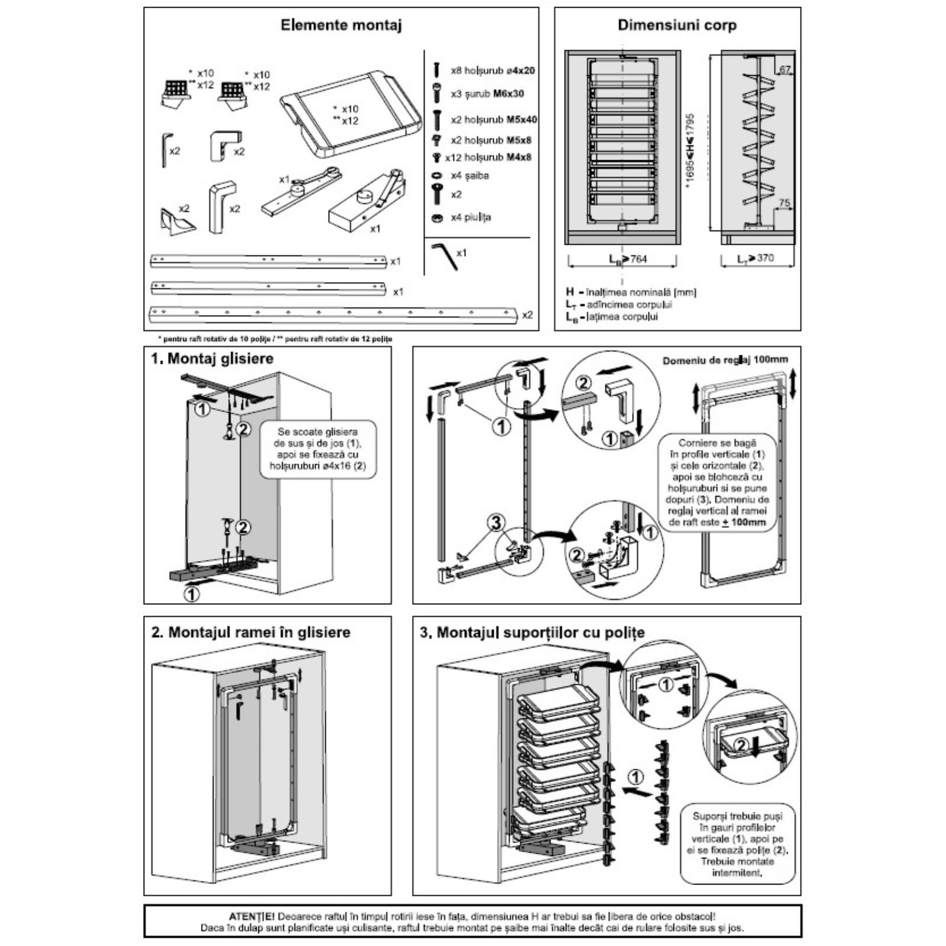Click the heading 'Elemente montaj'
click(341, 25)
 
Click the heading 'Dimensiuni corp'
click(677, 25)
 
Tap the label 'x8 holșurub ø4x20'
click(493, 70)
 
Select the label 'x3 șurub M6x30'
click(487, 93)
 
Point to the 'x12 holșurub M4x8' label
click(488, 157)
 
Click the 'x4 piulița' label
click(471, 217)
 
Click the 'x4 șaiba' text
click(470, 176)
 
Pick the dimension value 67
click(785, 70)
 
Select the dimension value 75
click(784, 203)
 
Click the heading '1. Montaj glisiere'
click(212, 358)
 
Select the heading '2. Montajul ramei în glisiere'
click(251, 632)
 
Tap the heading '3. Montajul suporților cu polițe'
click(532, 632)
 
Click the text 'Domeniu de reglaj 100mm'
click(725, 360)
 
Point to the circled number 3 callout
click(496, 521)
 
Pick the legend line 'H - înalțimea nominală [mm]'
click(631, 292)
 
